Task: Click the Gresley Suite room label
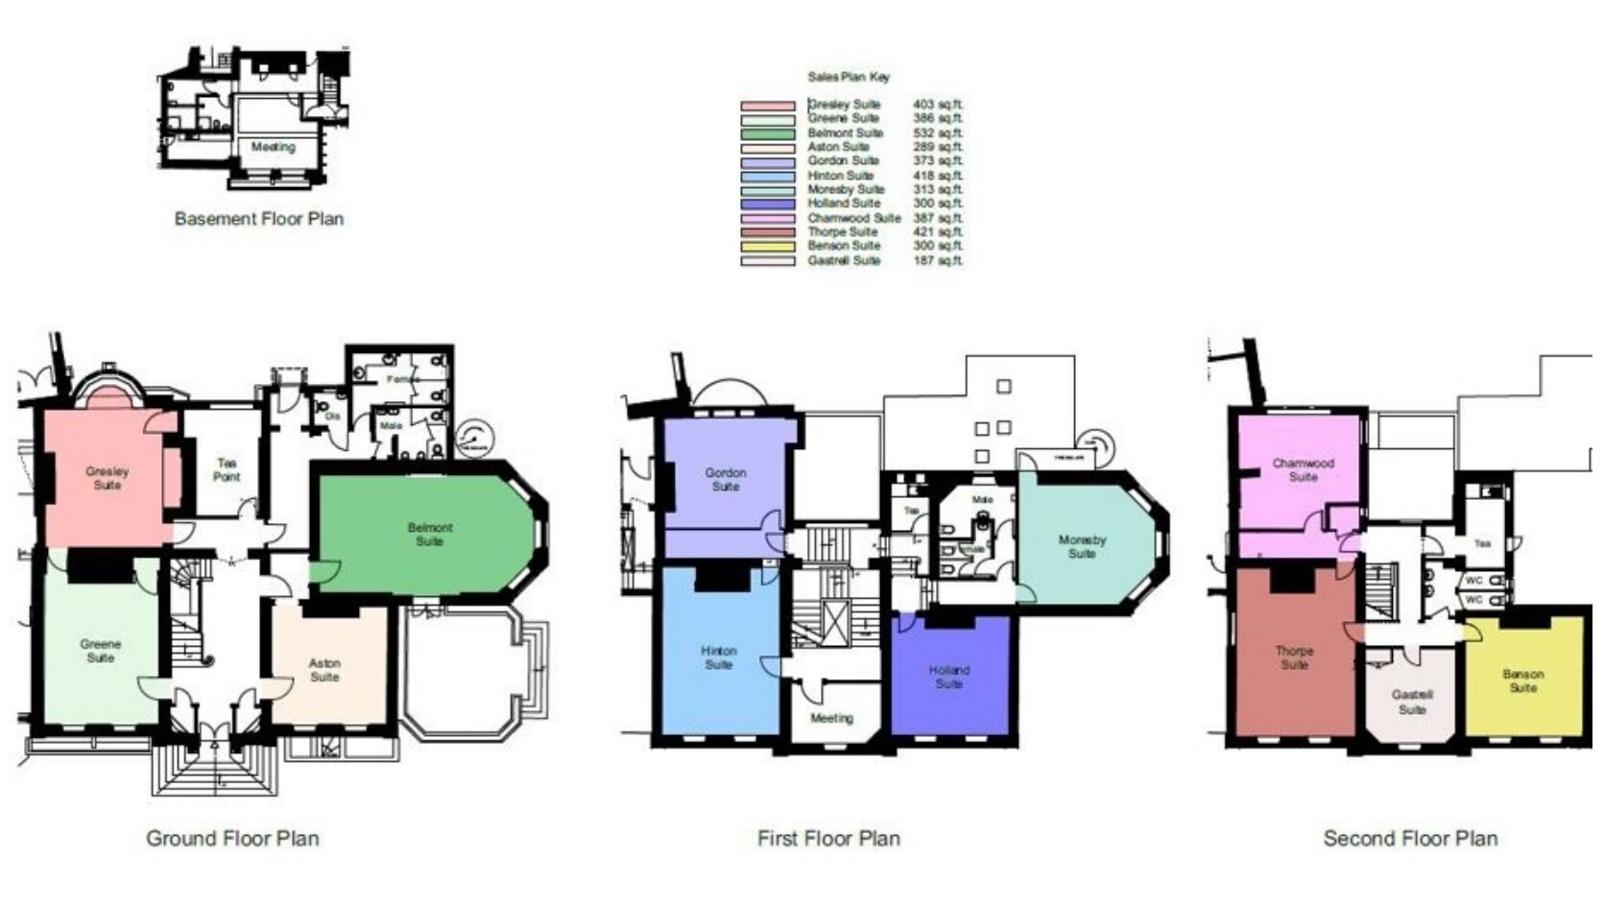click(x=107, y=478)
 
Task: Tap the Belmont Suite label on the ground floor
click(x=429, y=535)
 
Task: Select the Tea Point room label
click(x=227, y=470)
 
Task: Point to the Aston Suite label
click(x=324, y=670)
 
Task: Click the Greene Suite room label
click(x=100, y=652)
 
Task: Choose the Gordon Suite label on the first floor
click(x=725, y=480)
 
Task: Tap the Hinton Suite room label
click(x=718, y=657)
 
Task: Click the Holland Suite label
click(x=948, y=677)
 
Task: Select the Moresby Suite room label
click(x=1082, y=547)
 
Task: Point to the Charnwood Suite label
click(x=1303, y=470)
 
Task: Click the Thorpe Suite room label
click(x=1294, y=657)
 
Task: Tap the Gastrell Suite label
click(x=1411, y=702)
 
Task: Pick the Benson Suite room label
click(x=1522, y=680)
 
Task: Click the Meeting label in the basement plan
click(x=273, y=148)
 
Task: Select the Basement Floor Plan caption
click(x=258, y=219)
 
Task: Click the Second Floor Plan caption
click(x=1410, y=839)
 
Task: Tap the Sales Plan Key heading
click(x=849, y=77)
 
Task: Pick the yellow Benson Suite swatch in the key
click(x=767, y=247)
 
